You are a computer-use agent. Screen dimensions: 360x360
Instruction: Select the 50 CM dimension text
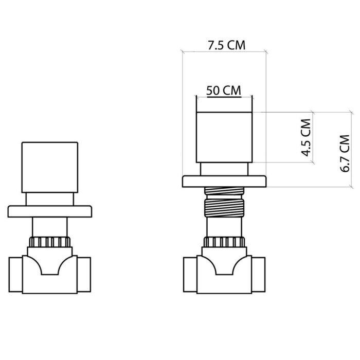click(224, 89)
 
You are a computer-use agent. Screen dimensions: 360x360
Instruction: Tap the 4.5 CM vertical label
click(305, 137)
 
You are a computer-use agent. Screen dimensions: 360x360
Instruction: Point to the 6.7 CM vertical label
click(346, 153)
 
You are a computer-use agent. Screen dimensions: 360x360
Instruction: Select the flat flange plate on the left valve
click(49, 211)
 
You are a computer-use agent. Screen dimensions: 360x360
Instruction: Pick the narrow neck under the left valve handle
click(49, 199)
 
